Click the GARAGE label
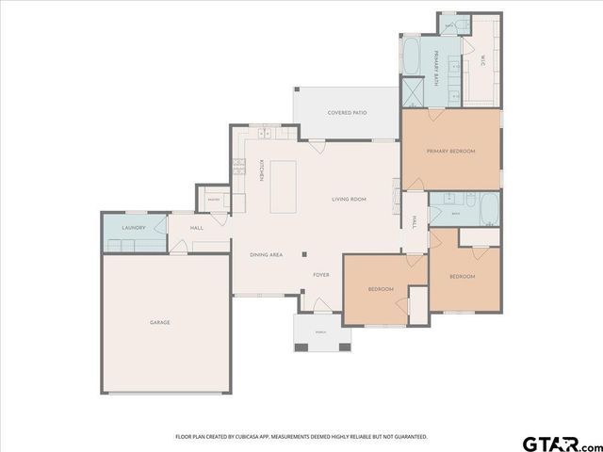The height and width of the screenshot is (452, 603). pyautogui.click(x=159, y=323)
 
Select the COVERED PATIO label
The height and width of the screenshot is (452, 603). pyautogui.click(x=347, y=113)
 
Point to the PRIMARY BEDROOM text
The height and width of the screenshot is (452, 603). pyautogui.click(x=450, y=152)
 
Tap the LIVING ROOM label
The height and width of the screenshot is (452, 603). pyautogui.click(x=349, y=200)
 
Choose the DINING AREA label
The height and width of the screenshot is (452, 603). pyautogui.click(x=266, y=255)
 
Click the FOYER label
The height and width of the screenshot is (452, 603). pyautogui.click(x=321, y=274)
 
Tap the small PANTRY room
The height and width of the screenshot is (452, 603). pyautogui.click(x=213, y=200)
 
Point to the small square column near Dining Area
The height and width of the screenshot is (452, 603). pyautogui.click(x=304, y=254)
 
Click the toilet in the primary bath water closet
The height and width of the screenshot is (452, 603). pyautogui.click(x=449, y=25)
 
